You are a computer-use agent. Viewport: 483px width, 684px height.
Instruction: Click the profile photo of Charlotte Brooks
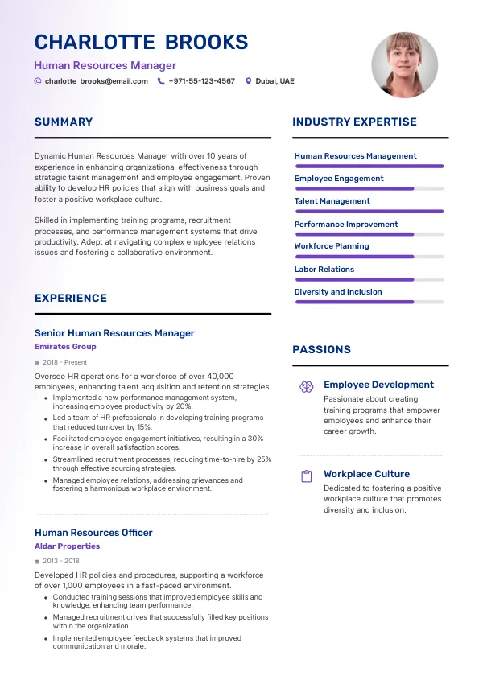coord(404,65)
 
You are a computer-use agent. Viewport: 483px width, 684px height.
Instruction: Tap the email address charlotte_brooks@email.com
coord(96,81)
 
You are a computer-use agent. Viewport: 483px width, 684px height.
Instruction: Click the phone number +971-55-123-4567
coord(201,81)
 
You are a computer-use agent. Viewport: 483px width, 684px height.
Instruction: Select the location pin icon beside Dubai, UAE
coord(249,81)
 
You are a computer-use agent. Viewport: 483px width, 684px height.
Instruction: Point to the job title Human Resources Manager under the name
coord(105,65)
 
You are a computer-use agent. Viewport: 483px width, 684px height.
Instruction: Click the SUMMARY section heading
coord(64,122)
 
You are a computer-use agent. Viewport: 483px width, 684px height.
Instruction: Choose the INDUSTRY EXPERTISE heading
coord(354,122)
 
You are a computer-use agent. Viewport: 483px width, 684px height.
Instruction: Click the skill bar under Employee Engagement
coord(369,188)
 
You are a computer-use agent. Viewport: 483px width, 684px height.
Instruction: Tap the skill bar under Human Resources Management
coord(369,166)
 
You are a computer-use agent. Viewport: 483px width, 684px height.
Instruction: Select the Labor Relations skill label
coord(324,269)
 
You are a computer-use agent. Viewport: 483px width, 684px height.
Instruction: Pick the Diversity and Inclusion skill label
coord(338,291)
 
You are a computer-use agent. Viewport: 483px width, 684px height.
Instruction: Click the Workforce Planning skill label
coord(332,246)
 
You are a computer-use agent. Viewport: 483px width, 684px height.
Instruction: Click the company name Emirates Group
coord(65,347)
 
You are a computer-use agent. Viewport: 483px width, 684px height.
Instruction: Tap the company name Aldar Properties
coord(67,546)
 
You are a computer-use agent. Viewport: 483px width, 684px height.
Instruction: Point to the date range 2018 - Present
coord(64,362)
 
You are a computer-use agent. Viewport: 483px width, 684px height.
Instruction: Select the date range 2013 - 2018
coord(60,561)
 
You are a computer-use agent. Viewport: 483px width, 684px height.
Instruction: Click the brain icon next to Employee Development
coord(306,386)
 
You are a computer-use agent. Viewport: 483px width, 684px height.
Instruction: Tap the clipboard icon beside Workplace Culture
coord(306,476)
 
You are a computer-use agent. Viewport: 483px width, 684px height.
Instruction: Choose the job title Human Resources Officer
coord(93,533)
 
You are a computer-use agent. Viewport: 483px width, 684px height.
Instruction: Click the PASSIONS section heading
coord(321,349)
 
